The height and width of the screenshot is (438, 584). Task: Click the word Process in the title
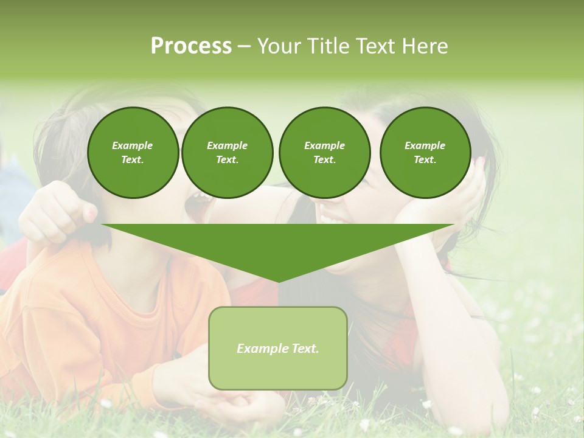click(x=191, y=46)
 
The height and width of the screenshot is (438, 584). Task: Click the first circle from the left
click(x=133, y=152)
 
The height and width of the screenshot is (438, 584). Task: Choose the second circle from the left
click(x=227, y=152)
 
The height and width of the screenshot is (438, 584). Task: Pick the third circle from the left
click(x=324, y=152)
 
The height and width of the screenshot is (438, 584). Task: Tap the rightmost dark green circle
click(x=425, y=152)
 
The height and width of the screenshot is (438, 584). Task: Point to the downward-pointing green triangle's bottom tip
click(x=278, y=280)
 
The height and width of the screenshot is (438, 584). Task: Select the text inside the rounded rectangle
click(x=277, y=349)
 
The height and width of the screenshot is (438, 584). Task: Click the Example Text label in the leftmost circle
click(x=133, y=153)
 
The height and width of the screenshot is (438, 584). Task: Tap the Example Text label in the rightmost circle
click(x=425, y=153)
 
